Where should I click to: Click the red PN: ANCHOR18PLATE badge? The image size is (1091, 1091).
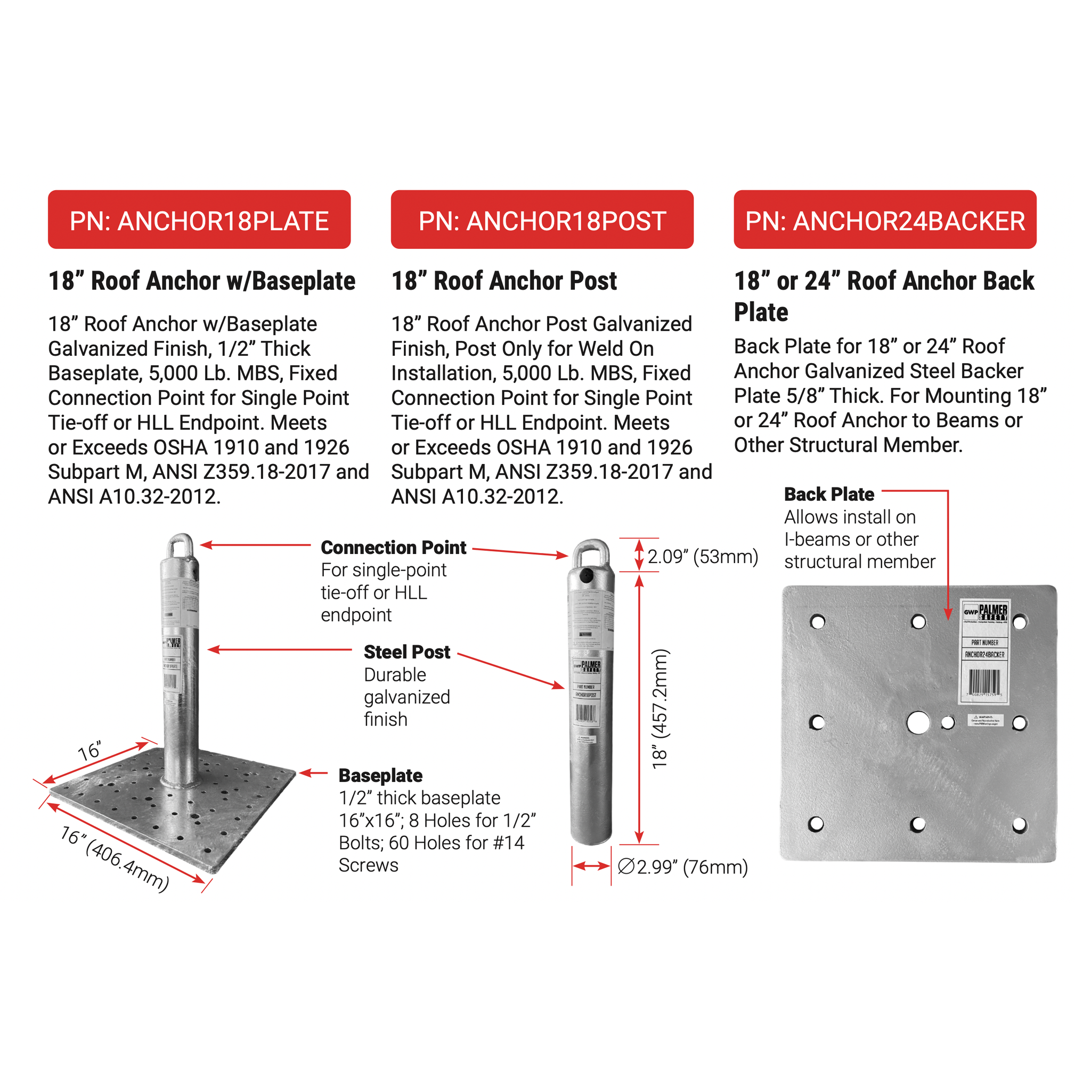coord(199,219)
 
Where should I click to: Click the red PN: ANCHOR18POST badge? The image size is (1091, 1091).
coord(542,219)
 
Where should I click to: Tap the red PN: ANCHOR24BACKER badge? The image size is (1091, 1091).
coord(884,219)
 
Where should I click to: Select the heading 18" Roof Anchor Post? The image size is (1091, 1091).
coord(504,281)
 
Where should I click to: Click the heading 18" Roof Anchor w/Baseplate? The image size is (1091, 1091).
coord(201,281)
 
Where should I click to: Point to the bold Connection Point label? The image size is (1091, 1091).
coord(393,547)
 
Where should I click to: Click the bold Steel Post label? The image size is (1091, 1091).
coord(406,652)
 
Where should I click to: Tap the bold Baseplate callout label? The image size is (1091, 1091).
coord(380,775)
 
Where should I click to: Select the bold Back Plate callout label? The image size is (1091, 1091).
coord(828,494)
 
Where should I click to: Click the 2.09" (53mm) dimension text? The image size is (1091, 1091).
coord(703,556)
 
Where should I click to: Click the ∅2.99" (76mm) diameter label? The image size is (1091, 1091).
coord(683,866)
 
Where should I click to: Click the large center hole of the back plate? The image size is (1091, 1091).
coord(918,722)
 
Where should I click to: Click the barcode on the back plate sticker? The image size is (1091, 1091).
coord(984,681)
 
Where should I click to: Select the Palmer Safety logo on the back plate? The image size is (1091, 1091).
coord(986,612)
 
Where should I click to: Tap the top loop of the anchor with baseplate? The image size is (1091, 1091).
coord(181,545)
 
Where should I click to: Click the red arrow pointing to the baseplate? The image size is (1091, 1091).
coord(313,773)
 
